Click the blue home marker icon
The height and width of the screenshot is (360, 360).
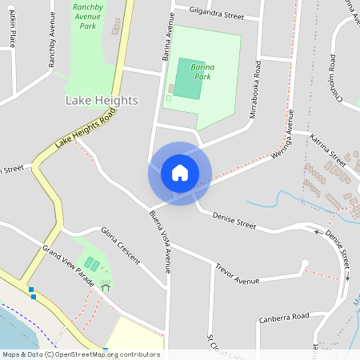point(180,173)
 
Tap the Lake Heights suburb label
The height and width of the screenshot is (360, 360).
point(101,101)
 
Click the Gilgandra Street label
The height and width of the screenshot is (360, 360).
point(216,14)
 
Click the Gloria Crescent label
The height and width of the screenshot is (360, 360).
point(120,245)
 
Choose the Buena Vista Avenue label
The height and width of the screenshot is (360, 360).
point(160,240)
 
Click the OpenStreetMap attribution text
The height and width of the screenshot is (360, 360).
point(81,354)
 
